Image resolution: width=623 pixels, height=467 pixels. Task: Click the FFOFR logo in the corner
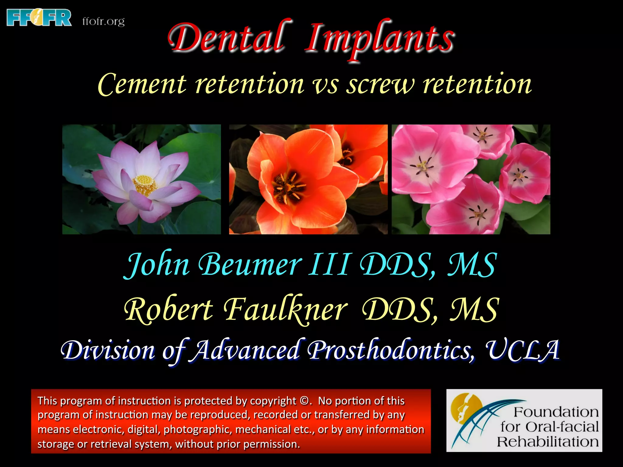pyautogui.click(x=39, y=18)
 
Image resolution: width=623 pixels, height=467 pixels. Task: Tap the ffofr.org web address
pyautogui.click(x=103, y=22)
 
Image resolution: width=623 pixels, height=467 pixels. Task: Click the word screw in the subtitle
pyautogui.click(x=380, y=85)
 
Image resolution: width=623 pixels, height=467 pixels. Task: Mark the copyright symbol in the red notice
pyautogui.click(x=304, y=401)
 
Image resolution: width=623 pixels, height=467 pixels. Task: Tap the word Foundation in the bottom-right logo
pyautogui.click(x=556, y=412)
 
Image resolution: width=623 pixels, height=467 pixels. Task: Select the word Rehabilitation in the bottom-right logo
pyautogui.click(x=548, y=442)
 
